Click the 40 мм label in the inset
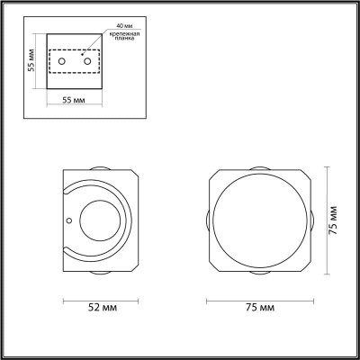click(x=124, y=25)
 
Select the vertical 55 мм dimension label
click(x=31, y=61)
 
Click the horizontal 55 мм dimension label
click(x=74, y=100)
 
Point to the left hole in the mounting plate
click(x=62, y=61)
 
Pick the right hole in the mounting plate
click(x=87, y=61)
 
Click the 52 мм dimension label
click(x=103, y=308)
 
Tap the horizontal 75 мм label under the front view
click(x=260, y=308)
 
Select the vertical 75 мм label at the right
click(x=333, y=220)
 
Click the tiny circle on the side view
click(x=69, y=220)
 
